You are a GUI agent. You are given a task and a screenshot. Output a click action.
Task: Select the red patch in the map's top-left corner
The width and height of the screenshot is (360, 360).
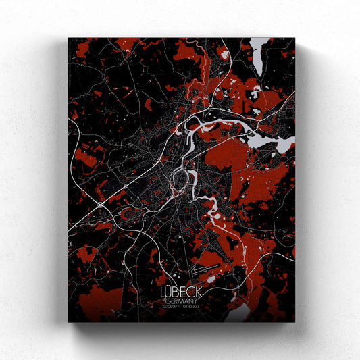[81, 49]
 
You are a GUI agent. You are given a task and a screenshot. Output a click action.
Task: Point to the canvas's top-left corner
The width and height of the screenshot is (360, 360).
[68, 38]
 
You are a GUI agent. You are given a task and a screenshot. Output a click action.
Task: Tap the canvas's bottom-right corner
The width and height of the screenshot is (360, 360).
[294, 322]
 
